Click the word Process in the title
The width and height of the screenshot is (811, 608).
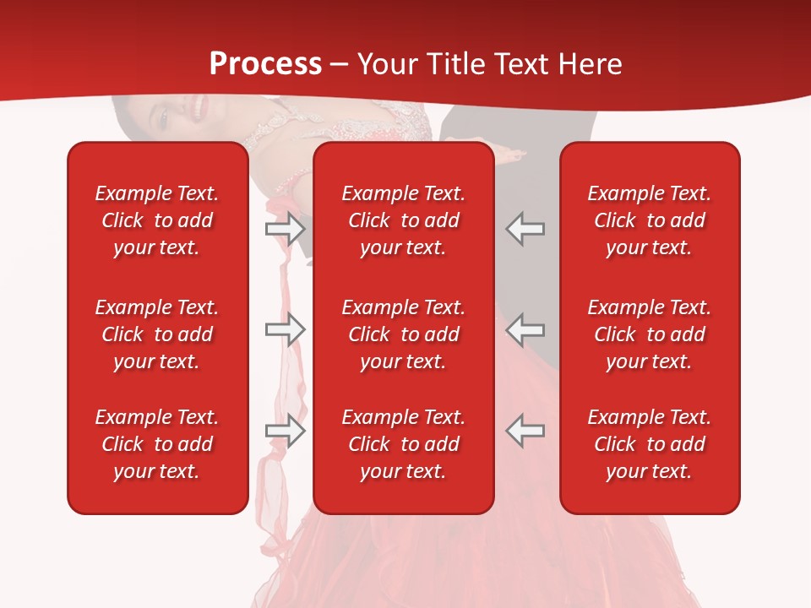(265, 64)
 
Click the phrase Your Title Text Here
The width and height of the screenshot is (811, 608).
(489, 64)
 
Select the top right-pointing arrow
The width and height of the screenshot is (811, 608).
(286, 229)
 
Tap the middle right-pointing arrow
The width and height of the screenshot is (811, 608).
(286, 329)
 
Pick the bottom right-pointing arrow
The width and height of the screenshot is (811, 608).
(286, 431)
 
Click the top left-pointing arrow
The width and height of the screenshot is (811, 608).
(525, 229)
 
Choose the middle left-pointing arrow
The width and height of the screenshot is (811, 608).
(525, 329)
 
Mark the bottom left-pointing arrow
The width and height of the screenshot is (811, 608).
(525, 431)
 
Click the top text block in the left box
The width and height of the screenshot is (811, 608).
(157, 220)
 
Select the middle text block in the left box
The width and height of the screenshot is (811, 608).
(157, 334)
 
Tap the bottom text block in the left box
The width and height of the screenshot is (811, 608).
(157, 444)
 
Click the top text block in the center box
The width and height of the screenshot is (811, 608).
(403, 220)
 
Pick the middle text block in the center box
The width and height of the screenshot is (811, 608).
(403, 334)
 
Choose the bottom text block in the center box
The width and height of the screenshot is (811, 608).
(403, 444)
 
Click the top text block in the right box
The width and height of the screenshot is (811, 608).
(649, 220)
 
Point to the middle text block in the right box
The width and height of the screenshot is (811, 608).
(649, 334)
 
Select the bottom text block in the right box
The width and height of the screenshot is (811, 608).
(649, 444)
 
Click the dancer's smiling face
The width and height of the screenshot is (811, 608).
(182, 114)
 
